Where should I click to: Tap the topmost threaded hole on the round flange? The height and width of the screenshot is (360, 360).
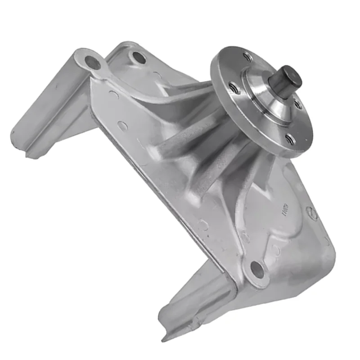click(x=247, y=57)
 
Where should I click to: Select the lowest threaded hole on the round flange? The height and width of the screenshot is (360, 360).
click(x=290, y=140)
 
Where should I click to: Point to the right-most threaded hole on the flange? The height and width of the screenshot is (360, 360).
click(x=298, y=104)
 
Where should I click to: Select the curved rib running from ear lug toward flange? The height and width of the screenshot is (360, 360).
click(x=148, y=92)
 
